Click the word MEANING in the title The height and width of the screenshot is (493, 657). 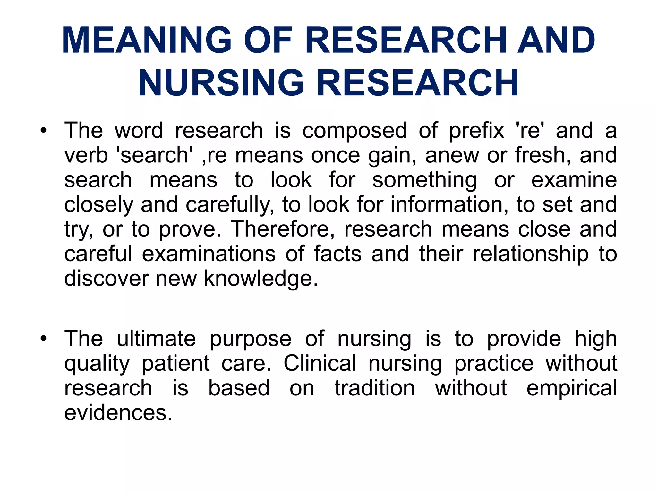click(x=147, y=40)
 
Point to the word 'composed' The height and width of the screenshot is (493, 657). click(x=354, y=131)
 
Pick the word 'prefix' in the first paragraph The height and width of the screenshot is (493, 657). click(x=476, y=131)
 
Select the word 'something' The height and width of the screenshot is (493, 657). click(x=424, y=180)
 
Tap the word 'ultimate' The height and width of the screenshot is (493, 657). click(x=156, y=339)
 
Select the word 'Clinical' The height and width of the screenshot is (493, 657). click(x=320, y=363)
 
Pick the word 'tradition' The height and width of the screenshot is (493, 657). click(x=375, y=388)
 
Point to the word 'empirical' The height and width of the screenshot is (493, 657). click(x=572, y=388)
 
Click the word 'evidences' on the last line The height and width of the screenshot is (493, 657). click(x=118, y=413)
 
